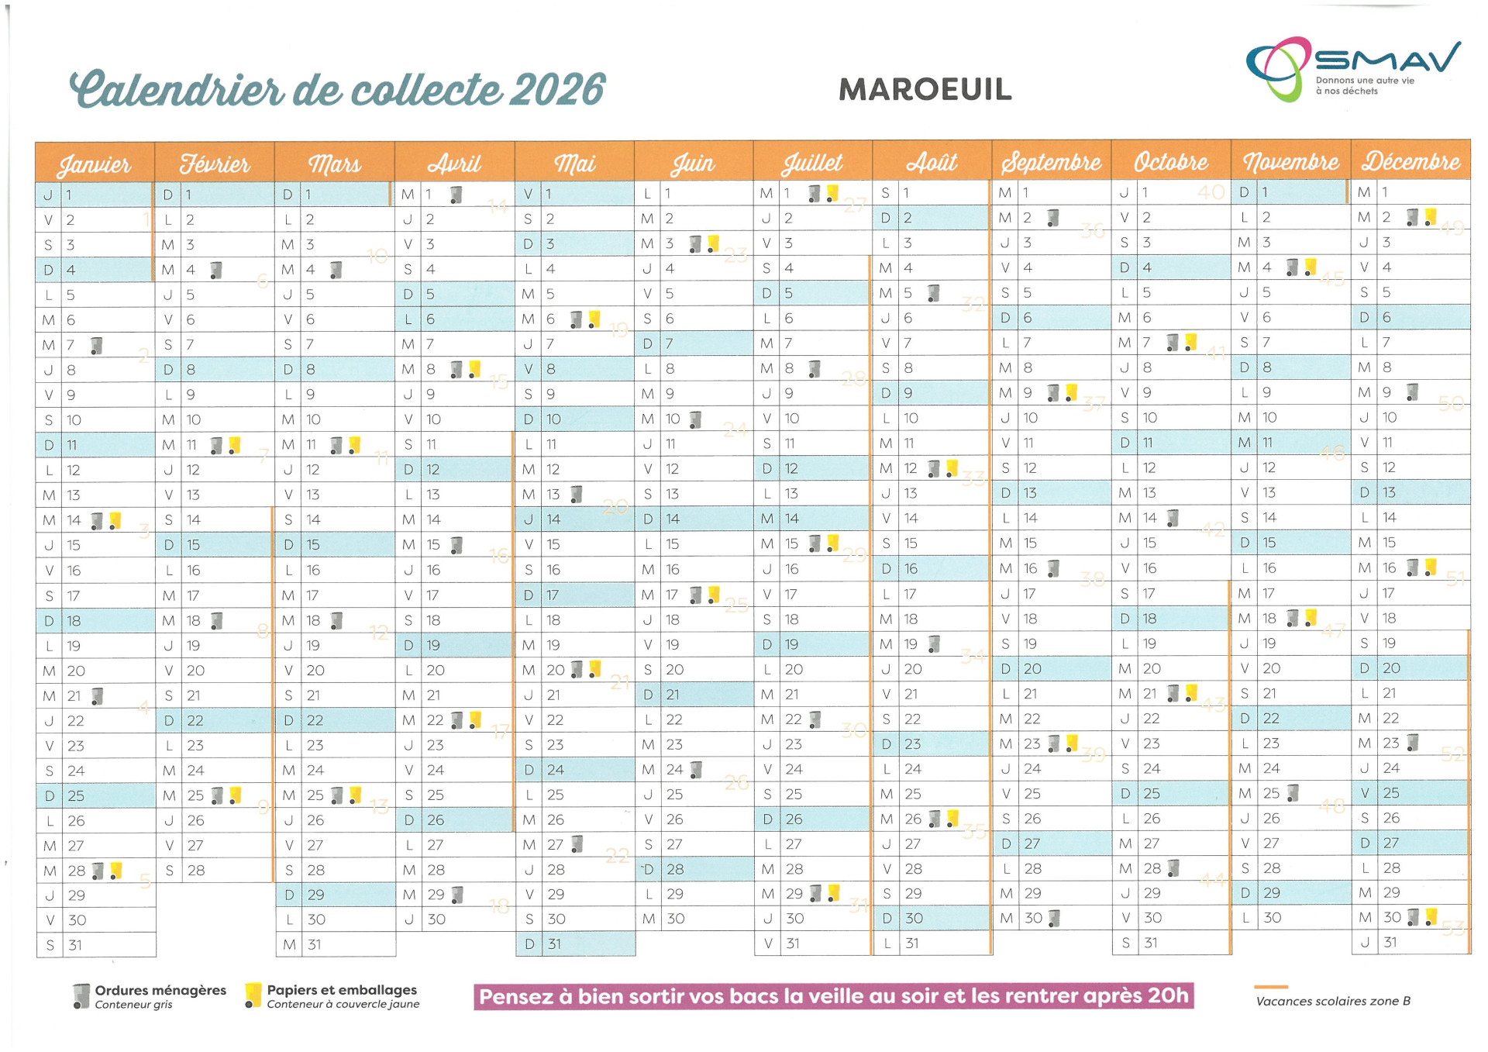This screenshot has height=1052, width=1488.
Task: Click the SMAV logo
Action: (1352, 68)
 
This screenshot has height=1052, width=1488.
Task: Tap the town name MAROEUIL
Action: (925, 90)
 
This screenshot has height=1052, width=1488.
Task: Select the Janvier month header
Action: (95, 164)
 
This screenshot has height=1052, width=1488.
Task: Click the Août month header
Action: (932, 163)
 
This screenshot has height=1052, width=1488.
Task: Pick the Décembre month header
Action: (1410, 161)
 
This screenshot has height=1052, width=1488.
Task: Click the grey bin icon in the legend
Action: (81, 996)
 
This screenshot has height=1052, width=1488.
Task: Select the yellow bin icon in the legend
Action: (253, 995)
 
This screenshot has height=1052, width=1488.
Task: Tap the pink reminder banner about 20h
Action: (833, 996)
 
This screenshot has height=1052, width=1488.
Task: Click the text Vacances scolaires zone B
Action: (1333, 1002)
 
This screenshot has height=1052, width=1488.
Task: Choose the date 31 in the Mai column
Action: (554, 944)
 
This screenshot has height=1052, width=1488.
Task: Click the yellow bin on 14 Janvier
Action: (115, 520)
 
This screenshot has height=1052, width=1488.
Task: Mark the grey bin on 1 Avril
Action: (456, 195)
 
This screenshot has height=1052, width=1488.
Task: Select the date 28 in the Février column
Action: (196, 871)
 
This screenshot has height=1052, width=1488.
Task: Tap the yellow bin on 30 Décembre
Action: (1431, 917)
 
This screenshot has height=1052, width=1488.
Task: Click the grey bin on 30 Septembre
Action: (1054, 919)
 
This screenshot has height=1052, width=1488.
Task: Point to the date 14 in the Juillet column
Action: (791, 519)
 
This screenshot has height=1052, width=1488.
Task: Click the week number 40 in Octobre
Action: (1211, 192)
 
